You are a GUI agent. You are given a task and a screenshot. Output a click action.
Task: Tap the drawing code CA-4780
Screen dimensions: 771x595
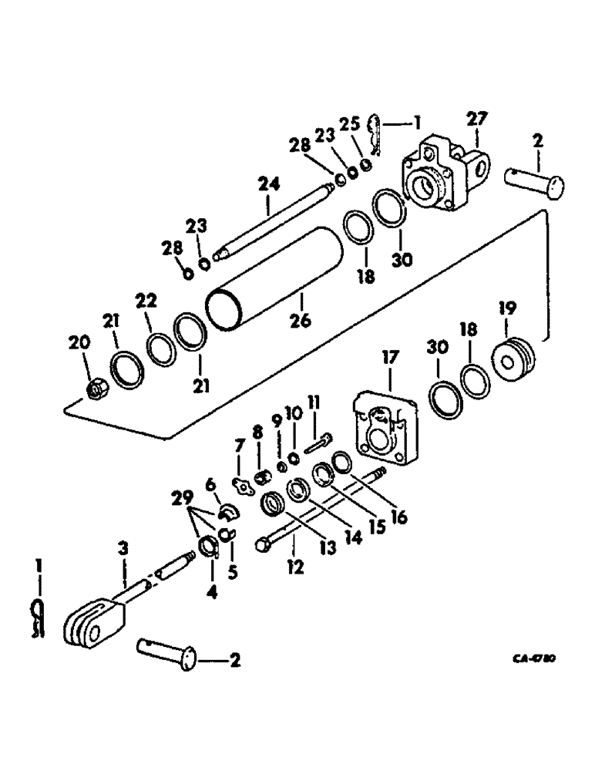[x=534, y=660]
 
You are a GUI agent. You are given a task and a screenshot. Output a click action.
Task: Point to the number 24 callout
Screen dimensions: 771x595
[x=268, y=185]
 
